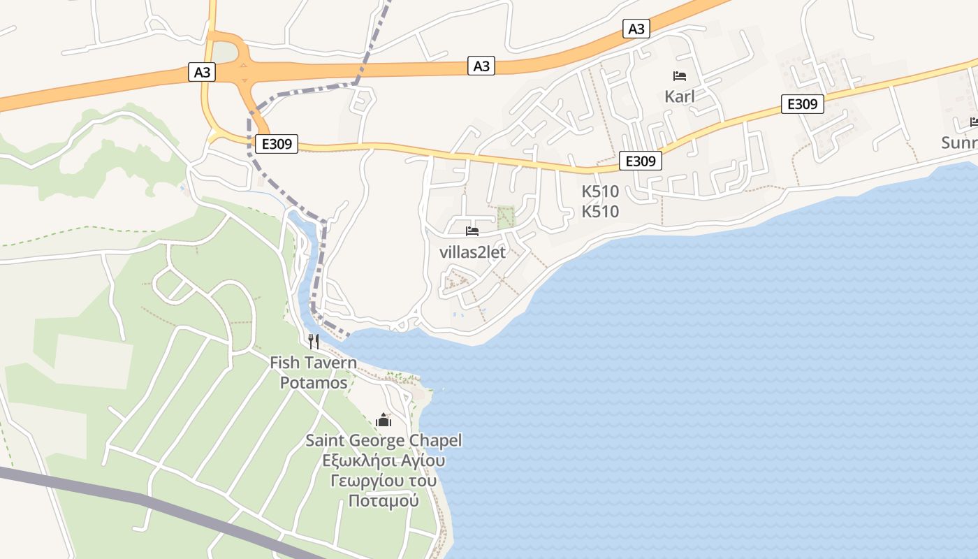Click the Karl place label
[x=679, y=96]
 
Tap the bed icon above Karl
[x=679, y=75]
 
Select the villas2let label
[x=472, y=252]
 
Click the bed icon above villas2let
[x=472, y=231]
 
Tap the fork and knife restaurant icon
[x=314, y=341]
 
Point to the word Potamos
[x=314, y=383]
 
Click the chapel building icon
[x=384, y=420]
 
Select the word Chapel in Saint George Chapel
[x=434, y=441]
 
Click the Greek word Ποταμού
[x=384, y=501]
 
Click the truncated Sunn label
[x=959, y=143]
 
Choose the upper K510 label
[x=600, y=191]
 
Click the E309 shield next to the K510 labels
[x=640, y=161]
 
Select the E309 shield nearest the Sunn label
[x=802, y=105]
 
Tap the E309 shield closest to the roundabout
[x=276, y=145]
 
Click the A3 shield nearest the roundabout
[x=201, y=72]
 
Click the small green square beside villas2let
[x=505, y=217]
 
